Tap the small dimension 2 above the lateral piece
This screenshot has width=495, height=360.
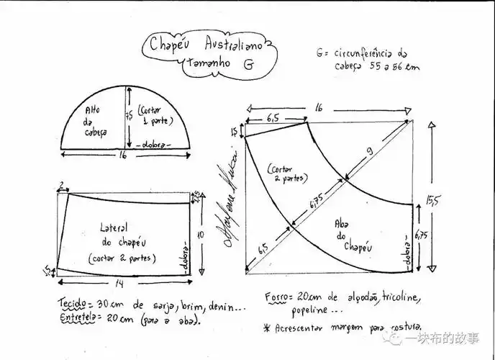[x=62, y=185]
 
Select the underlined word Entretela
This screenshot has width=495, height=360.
[x=78, y=316]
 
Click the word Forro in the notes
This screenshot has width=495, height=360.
[x=279, y=297]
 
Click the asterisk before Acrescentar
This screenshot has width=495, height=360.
[x=267, y=328]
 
